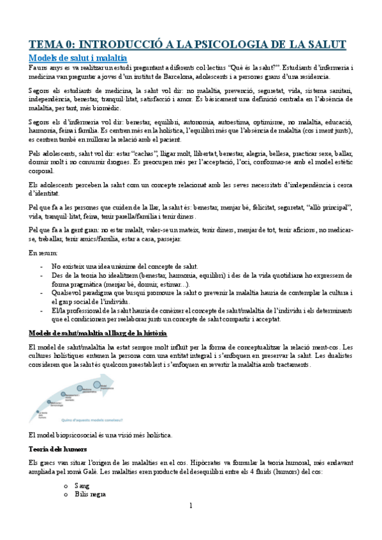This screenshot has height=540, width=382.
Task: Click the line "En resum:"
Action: click(x=43, y=253)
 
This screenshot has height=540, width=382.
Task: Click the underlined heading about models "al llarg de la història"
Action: click(x=98, y=333)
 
